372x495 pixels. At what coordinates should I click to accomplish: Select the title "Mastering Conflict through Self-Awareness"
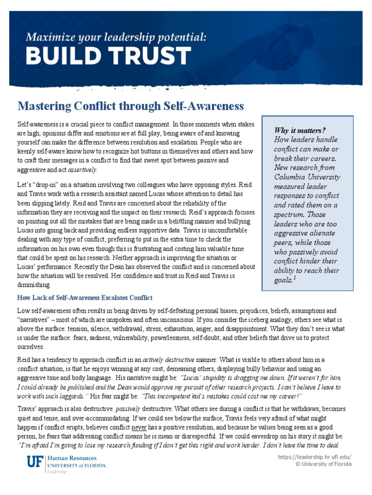click(131, 105)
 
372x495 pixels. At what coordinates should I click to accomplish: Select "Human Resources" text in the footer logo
click(72, 458)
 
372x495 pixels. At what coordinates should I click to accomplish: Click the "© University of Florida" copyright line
click(324, 465)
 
